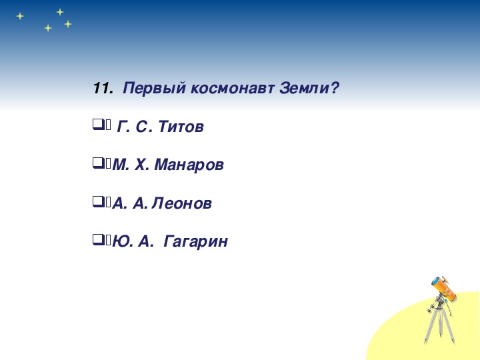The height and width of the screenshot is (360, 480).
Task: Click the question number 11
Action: pyautogui.click(x=103, y=89)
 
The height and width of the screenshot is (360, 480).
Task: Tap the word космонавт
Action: pyautogui.click(x=233, y=89)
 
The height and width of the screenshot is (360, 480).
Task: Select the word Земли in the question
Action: pyautogui.click(x=305, y=89)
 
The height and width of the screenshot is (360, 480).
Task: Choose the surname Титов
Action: pyautogui.click(x=181, y=127)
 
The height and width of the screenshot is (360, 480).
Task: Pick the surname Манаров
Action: pyautogui.click(x=189, y=165)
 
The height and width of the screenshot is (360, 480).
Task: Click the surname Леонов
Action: pyautogui.click(x=181, y=203)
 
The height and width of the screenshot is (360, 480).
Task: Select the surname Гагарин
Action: pyautogui.click(x=195, y=242)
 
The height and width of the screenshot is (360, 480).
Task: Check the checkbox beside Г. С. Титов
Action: pyautogui.click(x=97, y=125)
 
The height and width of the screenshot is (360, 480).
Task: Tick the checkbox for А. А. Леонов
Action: pyautogui.click(x=97, y=201)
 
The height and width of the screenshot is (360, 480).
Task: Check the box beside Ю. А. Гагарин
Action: pyautogui.click(x=97, y=239)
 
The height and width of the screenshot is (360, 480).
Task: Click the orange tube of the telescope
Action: pyautogui.click(x=444, y=289)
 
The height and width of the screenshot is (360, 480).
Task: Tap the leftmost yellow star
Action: pyautogui.click(x=20, y=16)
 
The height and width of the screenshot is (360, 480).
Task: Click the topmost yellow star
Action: pyautogui.click(x=60, y=12)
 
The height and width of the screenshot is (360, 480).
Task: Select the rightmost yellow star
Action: pyautogui.click(x=68, y=24)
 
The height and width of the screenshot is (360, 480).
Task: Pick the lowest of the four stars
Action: pyautogui.click(x=48, y=28)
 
